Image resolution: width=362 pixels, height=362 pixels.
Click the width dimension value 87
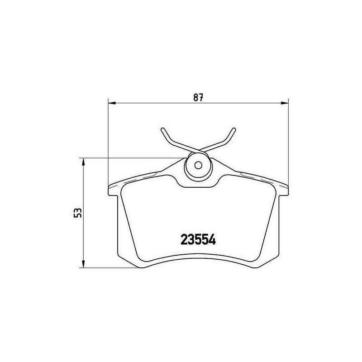[198, 97]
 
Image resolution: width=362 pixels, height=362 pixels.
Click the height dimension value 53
[78, 213]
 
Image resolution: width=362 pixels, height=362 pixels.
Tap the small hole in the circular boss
[198, 165]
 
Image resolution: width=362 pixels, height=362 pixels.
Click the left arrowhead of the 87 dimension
[112, 103]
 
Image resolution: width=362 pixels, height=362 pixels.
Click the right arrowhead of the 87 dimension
[285, 103]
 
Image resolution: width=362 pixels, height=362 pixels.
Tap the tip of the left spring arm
[162, 129]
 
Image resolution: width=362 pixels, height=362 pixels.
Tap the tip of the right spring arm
[234, 129]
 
